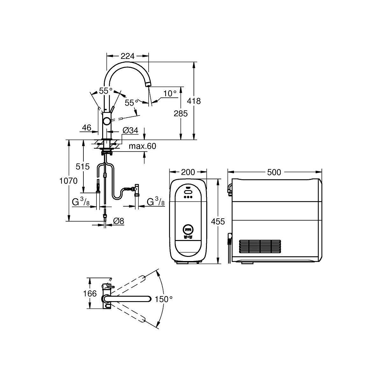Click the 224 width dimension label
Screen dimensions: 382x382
click(x=127, y=56)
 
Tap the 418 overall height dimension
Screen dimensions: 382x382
click(x=194, y=101)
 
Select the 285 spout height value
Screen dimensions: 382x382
click(x=180, y=113)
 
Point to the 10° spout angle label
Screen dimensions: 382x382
click(x=170, y=93)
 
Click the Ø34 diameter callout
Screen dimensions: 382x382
click(x=130, y=130)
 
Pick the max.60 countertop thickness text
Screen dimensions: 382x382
click(x=142, y=146)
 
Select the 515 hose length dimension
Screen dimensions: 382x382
click(x=83, y=166)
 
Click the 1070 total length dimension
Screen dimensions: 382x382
click(x=68, y=181)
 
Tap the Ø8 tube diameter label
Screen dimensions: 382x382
click(x=118, y=221)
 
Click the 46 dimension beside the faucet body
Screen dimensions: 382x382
click(x=87, y=128)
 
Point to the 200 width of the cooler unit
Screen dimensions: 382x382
click(x=188, y=172)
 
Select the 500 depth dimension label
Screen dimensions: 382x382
click(x=274, y=172)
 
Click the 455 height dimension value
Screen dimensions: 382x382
click(x=218, y=222)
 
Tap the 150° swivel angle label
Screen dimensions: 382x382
click(x=164, y=299)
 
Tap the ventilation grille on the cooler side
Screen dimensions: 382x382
click(x=260, y=246)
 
